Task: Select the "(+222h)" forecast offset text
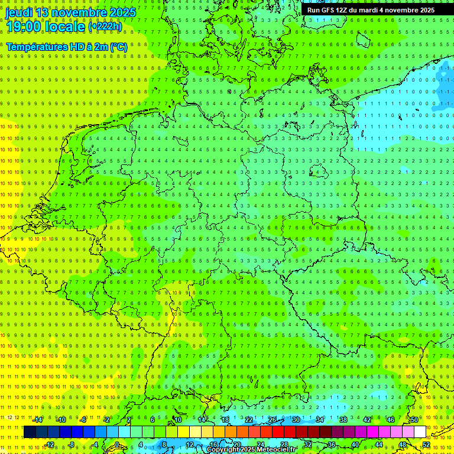click(x=105, y=26)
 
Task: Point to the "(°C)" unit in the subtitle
click(x=118, y=47)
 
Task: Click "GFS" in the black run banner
click(x=328, y=10)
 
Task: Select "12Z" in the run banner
click(x=345, y=10)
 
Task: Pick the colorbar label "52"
click(x=426, y=445)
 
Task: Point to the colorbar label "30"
click(x=296, y=420)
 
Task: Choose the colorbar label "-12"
click(x=49, y=445)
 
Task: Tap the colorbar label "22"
click(x=249, y=420)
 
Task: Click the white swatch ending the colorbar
click(x=420, y=432)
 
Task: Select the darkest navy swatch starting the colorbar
click(x=30, y=432)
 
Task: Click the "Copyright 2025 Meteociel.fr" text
click(x=251, y=450)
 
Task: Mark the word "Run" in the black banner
click(x=314, y=10)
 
